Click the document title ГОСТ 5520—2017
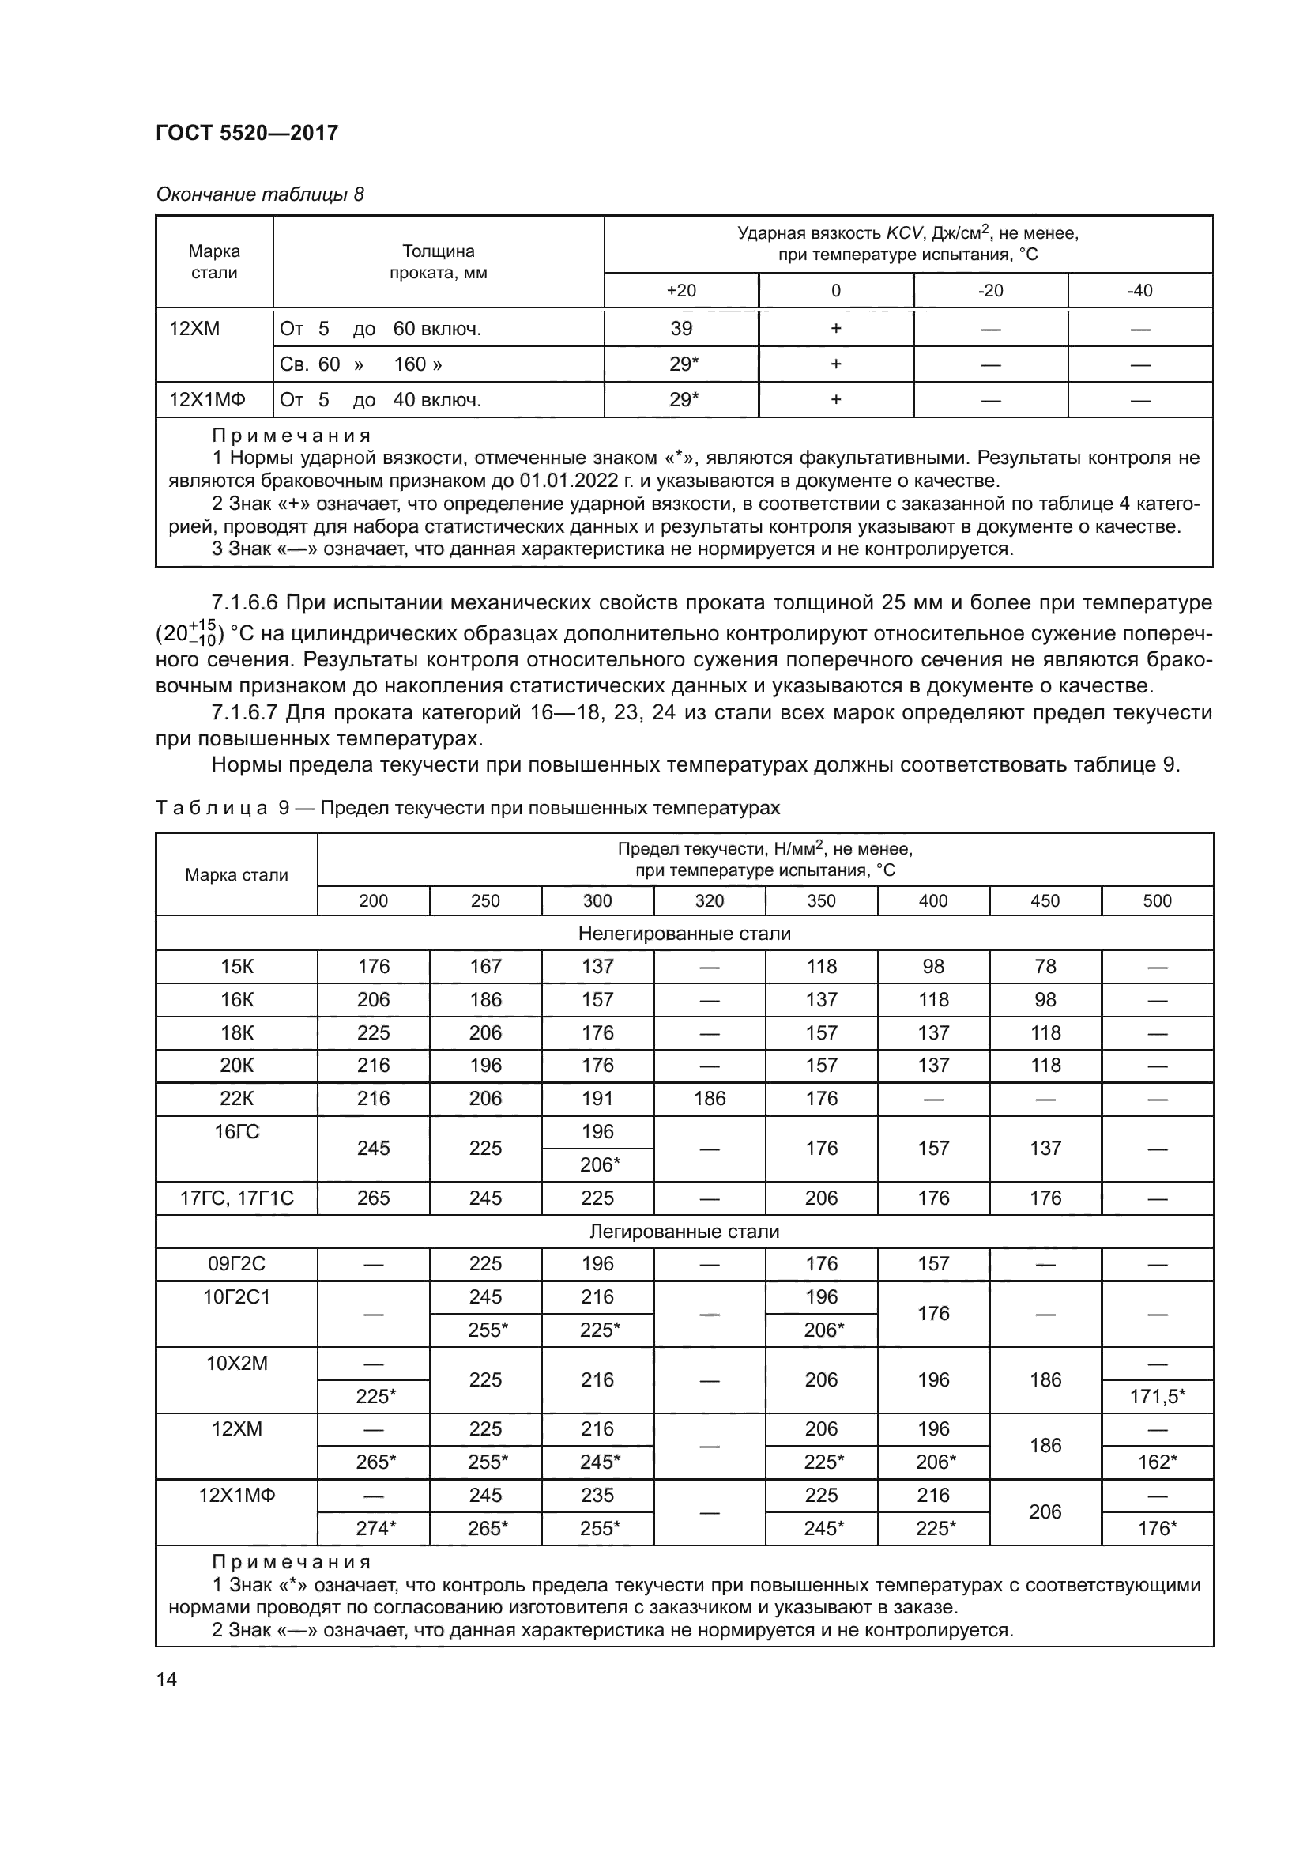[x=247, y=133]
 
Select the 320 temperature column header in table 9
[x=709, y=900]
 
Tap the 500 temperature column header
[x=1157, y=900]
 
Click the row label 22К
[x=236, y=1099]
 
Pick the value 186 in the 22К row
[x=709, y=1099]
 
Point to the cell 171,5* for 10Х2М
[x=1157, y=1396]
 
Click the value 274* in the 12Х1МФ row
[x=375, y=1529]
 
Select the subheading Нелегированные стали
[x=684, y=934]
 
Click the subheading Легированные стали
[x=684, y=1232]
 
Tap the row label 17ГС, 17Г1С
[x=236, y=1198]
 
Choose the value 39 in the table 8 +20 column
[x=681, y=329]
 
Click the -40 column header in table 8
[x=1139, y=291]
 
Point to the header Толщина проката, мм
[x=438, y=262]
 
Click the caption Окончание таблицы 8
[x=259, y=194]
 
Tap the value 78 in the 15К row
[x=1045, y=966]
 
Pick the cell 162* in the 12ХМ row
[x=1157, y=1462]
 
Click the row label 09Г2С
[x=236, y=1264]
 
